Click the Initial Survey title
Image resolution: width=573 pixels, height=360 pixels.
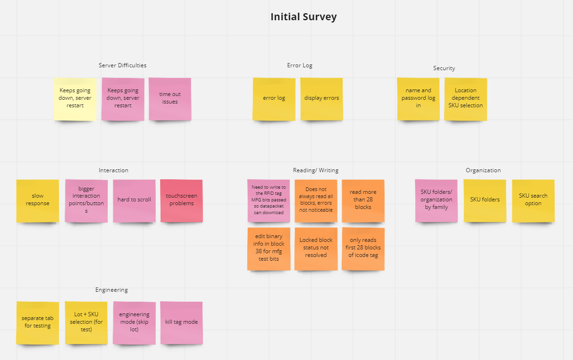click(x=303, y=17)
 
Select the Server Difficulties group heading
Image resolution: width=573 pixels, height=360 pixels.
click(x=122, y=65)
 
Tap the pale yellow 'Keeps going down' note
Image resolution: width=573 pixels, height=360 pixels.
click(x=75, y=98)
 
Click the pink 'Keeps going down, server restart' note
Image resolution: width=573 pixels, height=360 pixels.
click(x=123, y=98)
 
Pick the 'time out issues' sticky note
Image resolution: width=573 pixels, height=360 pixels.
click(x=170, y=98)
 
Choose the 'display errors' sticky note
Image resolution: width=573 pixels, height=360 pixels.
click(x=322, y=98)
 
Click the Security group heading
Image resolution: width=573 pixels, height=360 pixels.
click(x=444, y=68)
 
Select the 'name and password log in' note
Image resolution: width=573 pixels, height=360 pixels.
click(x=418, y=98)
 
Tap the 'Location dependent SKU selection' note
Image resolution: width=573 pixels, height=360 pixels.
click(x=465, y=98)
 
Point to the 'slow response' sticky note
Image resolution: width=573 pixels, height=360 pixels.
click(x=38, y=200)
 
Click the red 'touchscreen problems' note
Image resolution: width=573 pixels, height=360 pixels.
click(x=181, y=200)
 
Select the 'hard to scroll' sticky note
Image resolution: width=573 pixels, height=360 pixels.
click(x=134, y=200)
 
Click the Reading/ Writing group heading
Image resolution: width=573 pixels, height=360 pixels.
click(x=315, y=170)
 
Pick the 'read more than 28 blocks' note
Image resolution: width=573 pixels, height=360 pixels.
click(x=363, y=200)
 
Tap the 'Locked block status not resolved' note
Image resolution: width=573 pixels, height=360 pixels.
click(x=316, y=248)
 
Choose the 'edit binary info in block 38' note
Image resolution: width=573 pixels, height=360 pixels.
click(x=268, y=248)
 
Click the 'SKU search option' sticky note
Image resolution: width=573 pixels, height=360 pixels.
click(x=533, y=200)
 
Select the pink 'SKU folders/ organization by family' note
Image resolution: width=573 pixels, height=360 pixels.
click(x=436, y=200)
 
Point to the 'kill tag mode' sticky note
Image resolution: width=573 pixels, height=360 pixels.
click(x=181, y=322)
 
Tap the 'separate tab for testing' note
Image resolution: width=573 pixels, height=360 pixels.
click(x=38, y=322)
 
